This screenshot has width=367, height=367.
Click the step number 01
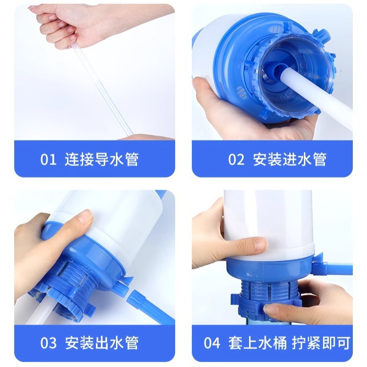48,160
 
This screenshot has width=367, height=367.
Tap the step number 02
236,160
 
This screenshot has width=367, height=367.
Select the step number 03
48,343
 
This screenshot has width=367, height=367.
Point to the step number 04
212,343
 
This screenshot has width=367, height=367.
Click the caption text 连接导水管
102,160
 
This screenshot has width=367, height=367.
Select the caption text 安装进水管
290,160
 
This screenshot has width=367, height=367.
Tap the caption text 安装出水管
102,343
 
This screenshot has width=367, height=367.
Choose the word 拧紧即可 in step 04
318,343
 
